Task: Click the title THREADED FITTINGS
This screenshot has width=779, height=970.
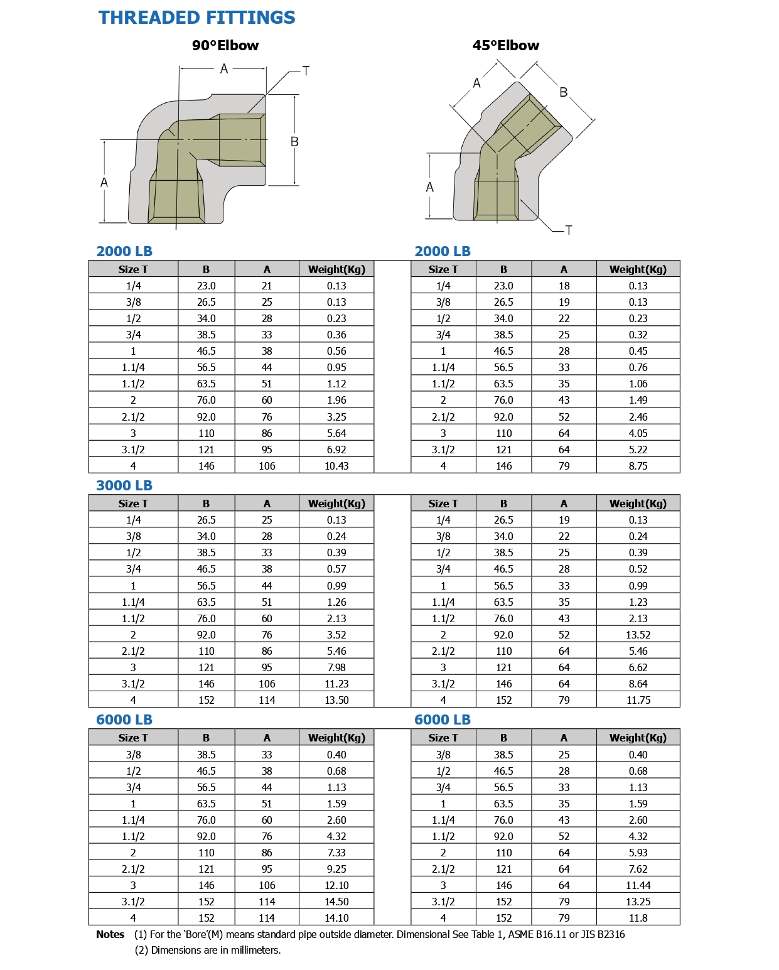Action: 196,18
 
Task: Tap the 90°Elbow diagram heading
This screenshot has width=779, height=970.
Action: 225,45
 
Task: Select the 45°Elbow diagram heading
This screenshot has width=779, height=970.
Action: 505,45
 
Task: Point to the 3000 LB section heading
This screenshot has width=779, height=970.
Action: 124,485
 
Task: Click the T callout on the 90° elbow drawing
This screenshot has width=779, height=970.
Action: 306,71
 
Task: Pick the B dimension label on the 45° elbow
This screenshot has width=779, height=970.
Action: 563,92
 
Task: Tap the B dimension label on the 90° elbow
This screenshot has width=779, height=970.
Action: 294,142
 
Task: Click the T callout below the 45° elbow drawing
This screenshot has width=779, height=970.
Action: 569,230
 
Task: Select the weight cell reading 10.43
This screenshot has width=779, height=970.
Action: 336,466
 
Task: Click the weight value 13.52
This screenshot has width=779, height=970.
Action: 638,635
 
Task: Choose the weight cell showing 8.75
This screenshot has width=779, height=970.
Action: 638,466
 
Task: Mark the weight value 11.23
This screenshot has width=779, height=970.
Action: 336,684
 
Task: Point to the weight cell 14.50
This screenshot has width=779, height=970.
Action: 336,902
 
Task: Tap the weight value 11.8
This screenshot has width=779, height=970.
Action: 638,918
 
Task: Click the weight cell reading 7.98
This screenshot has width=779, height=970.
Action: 336,667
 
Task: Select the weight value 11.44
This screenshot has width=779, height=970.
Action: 638,885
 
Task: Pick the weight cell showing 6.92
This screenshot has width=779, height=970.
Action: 336,450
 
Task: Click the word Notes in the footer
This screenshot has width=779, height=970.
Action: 110,934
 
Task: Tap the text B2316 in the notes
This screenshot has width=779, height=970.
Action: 611,934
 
